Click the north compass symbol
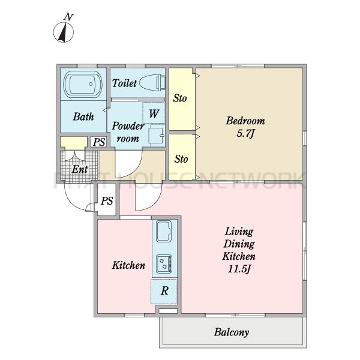click(64, 32)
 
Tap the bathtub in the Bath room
click(83, 84)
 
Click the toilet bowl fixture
click(152, 83)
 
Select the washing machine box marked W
click(154, 113)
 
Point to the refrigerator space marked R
click(164, 291)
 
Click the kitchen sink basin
click(164, 231)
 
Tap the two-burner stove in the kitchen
click(164, 264)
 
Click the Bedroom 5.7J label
click(245, 127)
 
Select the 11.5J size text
click(239, 269)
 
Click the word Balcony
click(232, 332)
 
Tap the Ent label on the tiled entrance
click(80, 169)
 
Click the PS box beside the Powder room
click(99, 142)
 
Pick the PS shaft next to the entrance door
click(107, 201)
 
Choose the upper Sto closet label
click(180, 98)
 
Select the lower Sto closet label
click(181, 159)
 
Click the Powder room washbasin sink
click(157, 136)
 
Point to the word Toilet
click(124, 83)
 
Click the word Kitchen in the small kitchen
click(128, 265)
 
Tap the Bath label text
click(83, 116)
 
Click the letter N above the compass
click(68, 17)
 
